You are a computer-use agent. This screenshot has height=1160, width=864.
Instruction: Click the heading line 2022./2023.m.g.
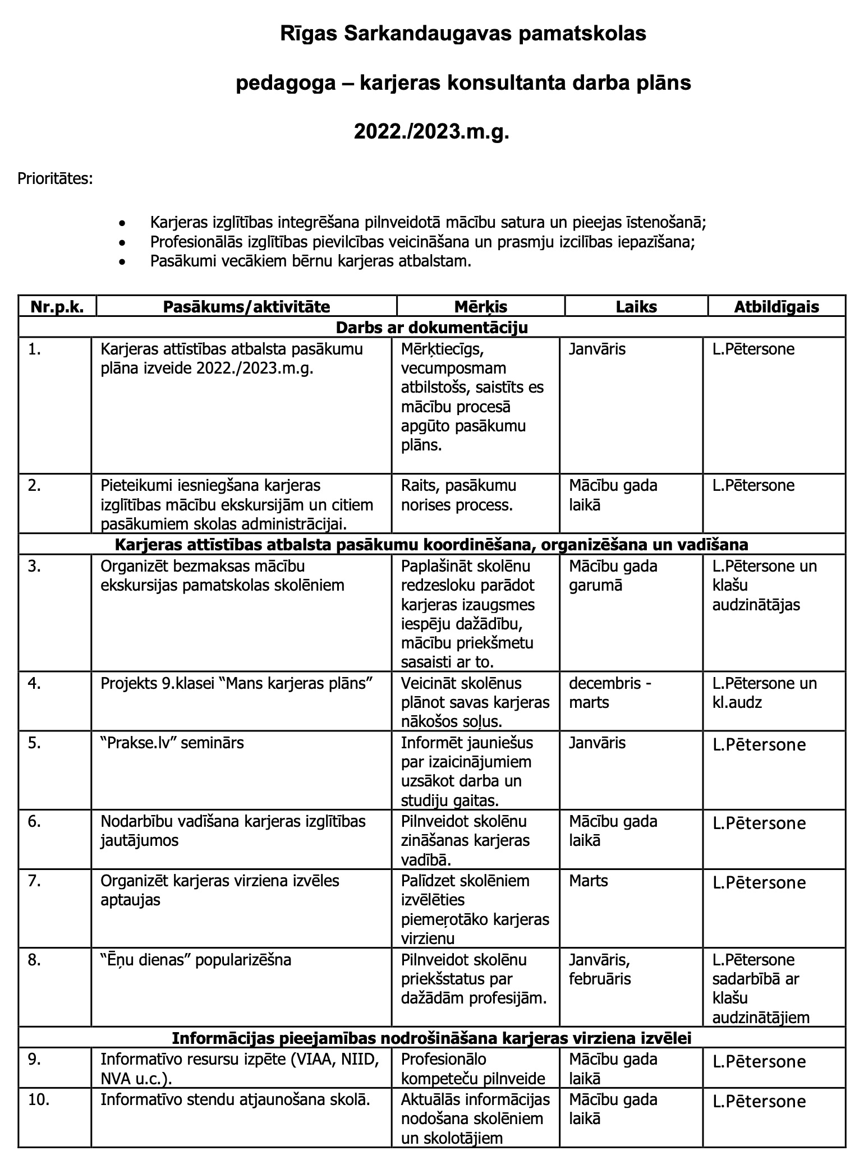pyautogui.click(x=431, y=132)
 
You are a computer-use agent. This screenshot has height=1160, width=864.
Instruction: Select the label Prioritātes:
pyautogui.click(x=55, y=179)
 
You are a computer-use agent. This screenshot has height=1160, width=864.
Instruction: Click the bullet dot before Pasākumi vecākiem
pyautogui.click(x=122, y=262)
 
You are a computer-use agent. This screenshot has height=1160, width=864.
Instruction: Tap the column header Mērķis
pyautogui.click(x=480, y=307)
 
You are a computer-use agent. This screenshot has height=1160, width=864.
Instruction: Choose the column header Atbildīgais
pyautogui.click(x=776, y=307)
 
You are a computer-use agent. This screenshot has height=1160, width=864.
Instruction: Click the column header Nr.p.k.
pyautogui.click(x=57, y=307)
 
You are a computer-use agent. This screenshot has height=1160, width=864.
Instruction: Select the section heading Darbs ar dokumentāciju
pyautogui.click(x=431, y=327)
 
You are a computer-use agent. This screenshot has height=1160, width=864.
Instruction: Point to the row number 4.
pyautogui.click(x=34, y=684)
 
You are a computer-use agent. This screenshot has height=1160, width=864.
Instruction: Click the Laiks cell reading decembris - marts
pyautogui.click(x=610, y=693)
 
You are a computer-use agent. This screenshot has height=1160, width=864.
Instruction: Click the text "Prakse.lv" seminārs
pyautogui.click(x=172, y=743)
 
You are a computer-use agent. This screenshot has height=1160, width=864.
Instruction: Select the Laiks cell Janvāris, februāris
pyautogui.click(x=600, y=969)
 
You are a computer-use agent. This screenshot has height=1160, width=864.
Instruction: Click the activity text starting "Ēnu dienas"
pyautogui.click(x=196, y=960)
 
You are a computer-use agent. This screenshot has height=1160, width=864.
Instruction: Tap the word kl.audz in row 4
pyautogui.click(x=737, y=702)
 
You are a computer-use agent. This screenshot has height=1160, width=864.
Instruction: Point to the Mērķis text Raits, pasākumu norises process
pyautogui.click(x=458, y=495)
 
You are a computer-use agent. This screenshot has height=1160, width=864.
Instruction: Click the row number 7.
pyautogui.click(x=34, y=881)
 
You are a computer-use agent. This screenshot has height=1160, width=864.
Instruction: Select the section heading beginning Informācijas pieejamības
pyautogui.click(x=431, y=1038)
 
